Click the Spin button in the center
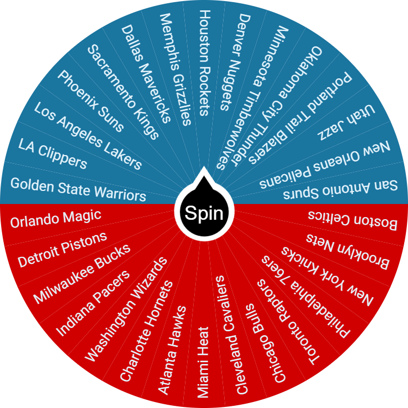(204, 213)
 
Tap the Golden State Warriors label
(78, 188)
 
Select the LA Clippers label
(53, 153)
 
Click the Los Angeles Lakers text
(88, 135)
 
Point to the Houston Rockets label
(204, 62)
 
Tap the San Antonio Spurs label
(328, 188)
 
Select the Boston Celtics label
(353, 219)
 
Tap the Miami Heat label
(203, 362)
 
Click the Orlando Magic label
(56, 218)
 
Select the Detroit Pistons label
(62, 250)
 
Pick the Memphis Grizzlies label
(175, 69)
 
